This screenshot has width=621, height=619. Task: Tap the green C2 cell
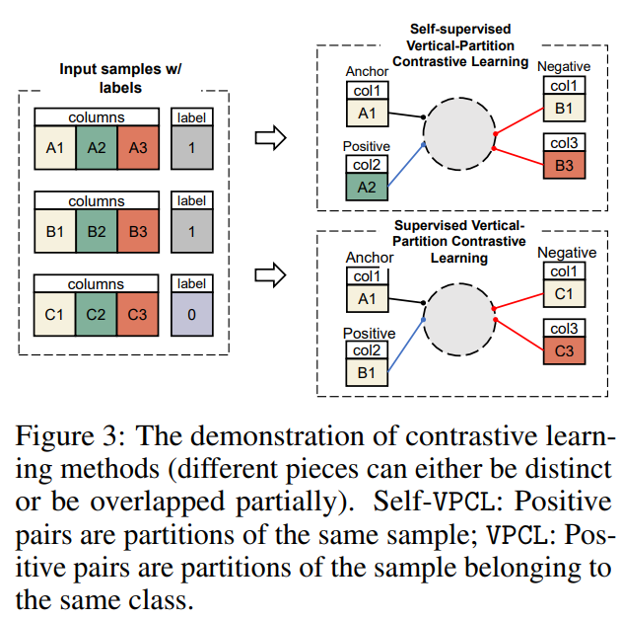click(x=97, y=317)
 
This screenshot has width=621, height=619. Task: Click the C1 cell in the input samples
click(x=55, y=317)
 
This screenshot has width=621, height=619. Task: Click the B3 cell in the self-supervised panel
click(x=564, y=166)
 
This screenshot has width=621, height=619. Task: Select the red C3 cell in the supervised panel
click(x=564, y=351)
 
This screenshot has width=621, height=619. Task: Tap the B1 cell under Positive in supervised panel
click(x=367, y=374)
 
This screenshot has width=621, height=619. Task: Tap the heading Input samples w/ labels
click(x=121, y=78)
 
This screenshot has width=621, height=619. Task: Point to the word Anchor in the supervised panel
click(x=370, y=259)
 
